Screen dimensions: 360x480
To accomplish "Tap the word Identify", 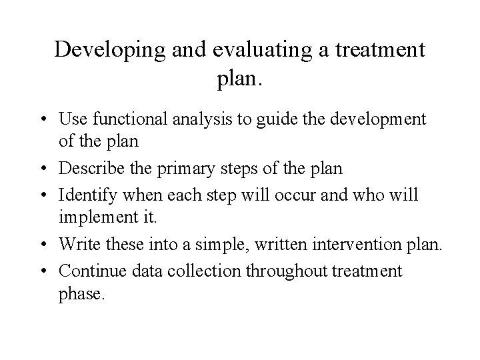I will coord(85,197).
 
